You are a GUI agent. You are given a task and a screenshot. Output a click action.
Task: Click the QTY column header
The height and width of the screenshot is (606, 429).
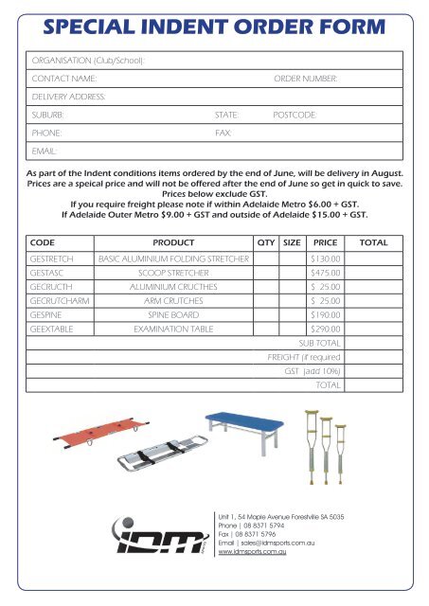(x=266, y=242)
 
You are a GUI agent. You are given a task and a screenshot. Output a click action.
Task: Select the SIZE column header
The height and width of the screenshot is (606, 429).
(x=293, y=242)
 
